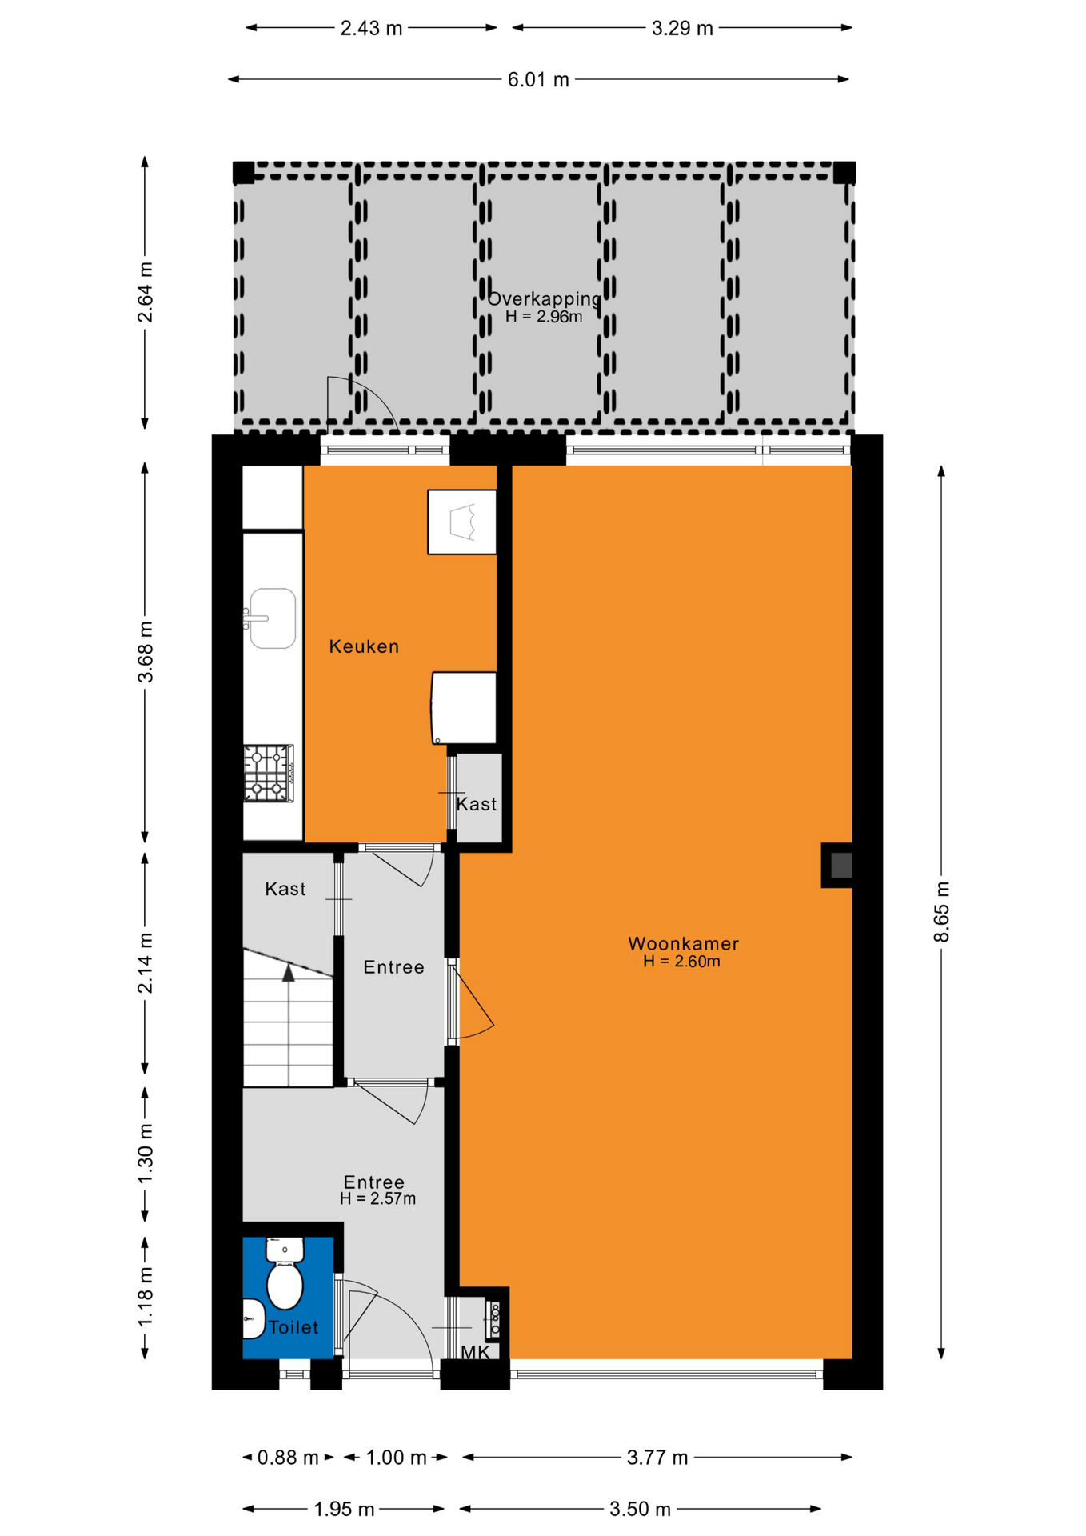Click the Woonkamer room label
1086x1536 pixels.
click(683, 943)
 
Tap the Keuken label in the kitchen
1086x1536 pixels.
click(364, 646)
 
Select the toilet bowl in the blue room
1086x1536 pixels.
click(285, 1272)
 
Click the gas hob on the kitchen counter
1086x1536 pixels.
click(269, 773)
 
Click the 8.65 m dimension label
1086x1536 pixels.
click(941, 912)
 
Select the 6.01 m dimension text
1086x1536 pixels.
click(538, 80)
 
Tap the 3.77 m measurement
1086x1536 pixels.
click(657, 1458)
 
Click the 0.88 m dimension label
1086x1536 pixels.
click(288, 1458)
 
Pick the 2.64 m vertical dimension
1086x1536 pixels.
click(145, 292)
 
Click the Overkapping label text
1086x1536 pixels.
click(544, 298)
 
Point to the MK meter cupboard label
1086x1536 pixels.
click(476, 1353)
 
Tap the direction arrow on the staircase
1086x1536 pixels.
click(289, 972)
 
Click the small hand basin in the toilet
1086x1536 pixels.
click(254, 1318)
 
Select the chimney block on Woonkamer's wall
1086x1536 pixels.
click(837, 865)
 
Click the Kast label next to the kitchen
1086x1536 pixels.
click(477, 804)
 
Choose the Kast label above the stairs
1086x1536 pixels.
click(285, 889)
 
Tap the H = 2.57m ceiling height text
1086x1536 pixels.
click(377, 1198)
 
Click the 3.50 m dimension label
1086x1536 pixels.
click(640, 1510)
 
